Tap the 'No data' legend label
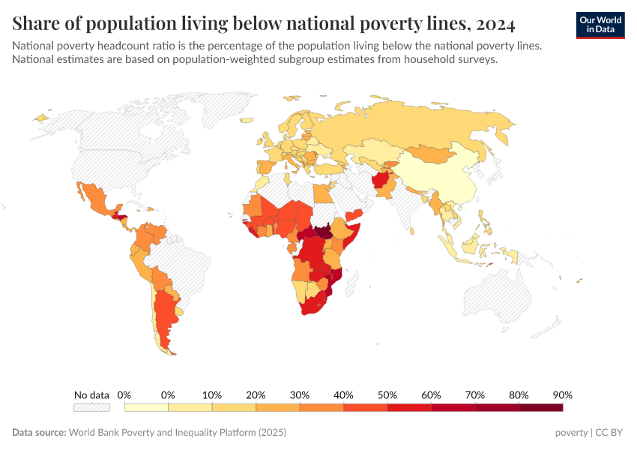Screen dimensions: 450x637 tap(91, 394)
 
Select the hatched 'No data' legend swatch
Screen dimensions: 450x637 tap(91, 407)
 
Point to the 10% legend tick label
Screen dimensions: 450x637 tap(212, 394)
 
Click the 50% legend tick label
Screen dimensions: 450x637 tap(387, 394)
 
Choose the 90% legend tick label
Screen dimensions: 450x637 tap(562, 394)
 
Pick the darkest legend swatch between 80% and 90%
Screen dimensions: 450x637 tap(540, 407)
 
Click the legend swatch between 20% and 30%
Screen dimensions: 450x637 tap(278, 407)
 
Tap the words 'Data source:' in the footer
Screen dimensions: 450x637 tap(39, 433)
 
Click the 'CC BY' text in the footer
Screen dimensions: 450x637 tap(609, 433)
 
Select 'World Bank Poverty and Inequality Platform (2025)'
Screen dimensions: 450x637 tap(177, 433)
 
